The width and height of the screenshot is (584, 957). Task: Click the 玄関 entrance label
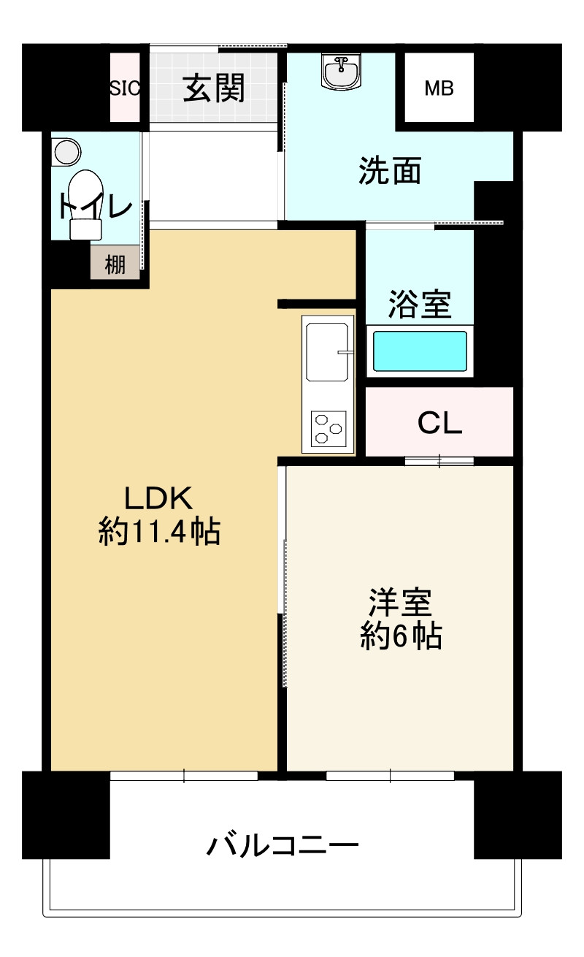(213, 88)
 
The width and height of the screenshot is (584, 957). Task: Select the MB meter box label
(439, 89)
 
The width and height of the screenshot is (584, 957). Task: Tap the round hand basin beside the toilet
(67, 152)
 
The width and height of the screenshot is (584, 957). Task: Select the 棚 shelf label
(115, 264)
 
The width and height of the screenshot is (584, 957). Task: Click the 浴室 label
(419, 305)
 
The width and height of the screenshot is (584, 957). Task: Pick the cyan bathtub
(420, 351)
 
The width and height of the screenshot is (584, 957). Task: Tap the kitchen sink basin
(327, 352)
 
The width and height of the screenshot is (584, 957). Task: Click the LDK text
(158, 498)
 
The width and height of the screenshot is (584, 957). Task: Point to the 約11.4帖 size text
(159, 532)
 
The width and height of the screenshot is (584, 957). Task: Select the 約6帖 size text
(400, 637)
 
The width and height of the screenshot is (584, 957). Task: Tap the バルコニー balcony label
(283, 847)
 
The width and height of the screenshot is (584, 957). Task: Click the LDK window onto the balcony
(184, 776)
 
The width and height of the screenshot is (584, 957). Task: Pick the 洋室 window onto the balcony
(390, 776)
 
